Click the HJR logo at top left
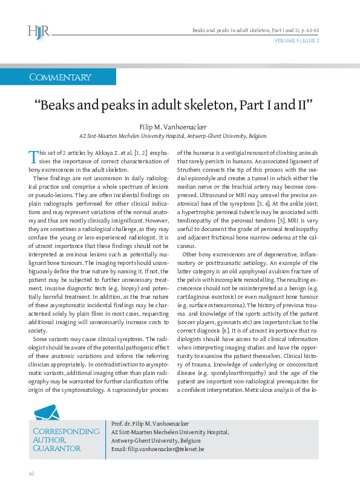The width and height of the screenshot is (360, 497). pyautogui.click(x=39, y=31)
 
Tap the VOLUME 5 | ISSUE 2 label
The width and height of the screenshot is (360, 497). pyautogui.click(x=297, y=41)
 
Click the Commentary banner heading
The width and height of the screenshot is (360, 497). pyautogui.click(x=60, y=77)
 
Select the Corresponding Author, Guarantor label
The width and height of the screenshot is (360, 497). pyautogui.click(x=65, y=440)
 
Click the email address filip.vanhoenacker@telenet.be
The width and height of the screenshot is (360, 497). pyautogui.click(x=157, y=450)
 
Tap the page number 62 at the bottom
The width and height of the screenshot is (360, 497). pyautogui.click(x=31, y=473)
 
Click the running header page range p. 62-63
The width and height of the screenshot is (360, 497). pyautogui.click(x=309, y=30)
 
